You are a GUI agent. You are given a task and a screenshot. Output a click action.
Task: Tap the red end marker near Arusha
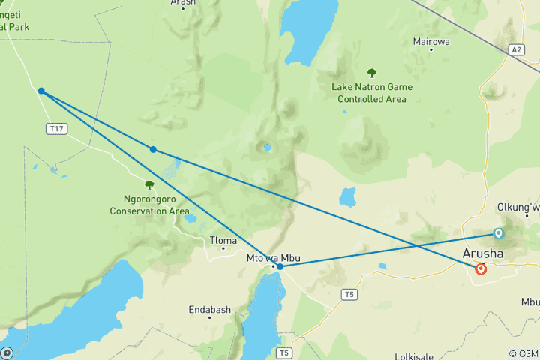click(481, 268)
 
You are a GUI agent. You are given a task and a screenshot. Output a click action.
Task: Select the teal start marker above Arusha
click(499, 233)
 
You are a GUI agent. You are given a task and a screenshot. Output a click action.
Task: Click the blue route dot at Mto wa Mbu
click(280, 266)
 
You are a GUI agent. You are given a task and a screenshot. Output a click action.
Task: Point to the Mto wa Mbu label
click(268, 258)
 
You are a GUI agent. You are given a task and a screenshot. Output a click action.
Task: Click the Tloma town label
click(223, 241)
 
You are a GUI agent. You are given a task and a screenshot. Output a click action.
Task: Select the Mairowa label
click(431, 42)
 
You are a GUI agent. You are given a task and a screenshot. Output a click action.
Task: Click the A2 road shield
click(515, 49)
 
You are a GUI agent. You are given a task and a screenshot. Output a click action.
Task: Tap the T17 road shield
click(56, 129)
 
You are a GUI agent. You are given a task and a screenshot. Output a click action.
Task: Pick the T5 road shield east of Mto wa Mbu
click(348, 294)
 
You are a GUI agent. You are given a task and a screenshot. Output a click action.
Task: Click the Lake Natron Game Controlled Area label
click(372, 93)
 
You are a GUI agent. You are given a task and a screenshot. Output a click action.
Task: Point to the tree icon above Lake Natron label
click(372, 73)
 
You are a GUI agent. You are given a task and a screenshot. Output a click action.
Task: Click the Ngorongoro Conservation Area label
click(149, 205)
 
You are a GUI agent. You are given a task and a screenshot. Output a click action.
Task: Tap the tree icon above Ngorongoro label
click(149, 184)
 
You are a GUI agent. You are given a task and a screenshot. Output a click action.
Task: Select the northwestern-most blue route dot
click(41, 91)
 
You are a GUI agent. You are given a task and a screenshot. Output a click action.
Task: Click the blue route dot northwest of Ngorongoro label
click(153, 149)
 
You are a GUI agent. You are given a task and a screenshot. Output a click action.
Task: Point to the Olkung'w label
click(518, 207)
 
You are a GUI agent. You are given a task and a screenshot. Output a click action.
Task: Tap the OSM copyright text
click(523, 353)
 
